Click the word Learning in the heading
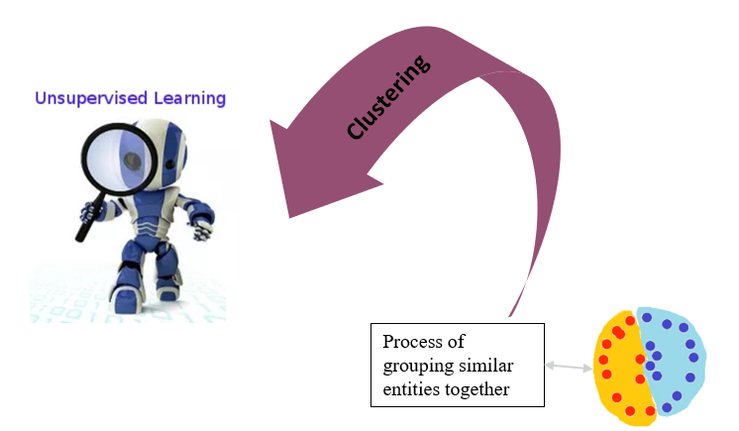click(190, 98)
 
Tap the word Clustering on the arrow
click(388, 97)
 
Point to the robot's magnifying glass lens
click(120, 160)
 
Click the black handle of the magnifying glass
click(88, 217)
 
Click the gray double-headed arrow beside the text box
click(569, 367)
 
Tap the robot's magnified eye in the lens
click(133, 162)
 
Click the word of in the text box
click(456, 342)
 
